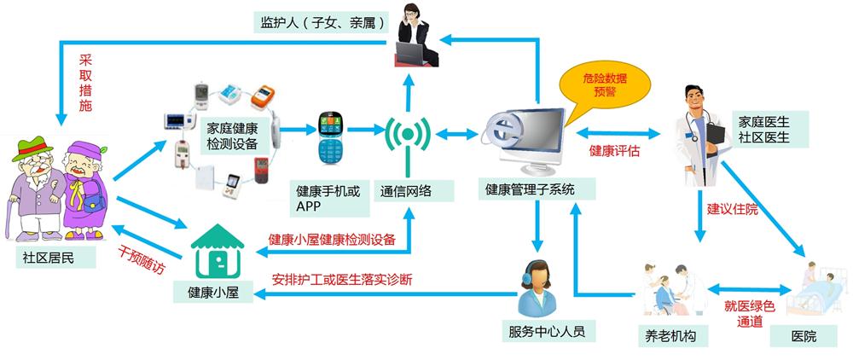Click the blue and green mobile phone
329,138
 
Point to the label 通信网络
405,191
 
